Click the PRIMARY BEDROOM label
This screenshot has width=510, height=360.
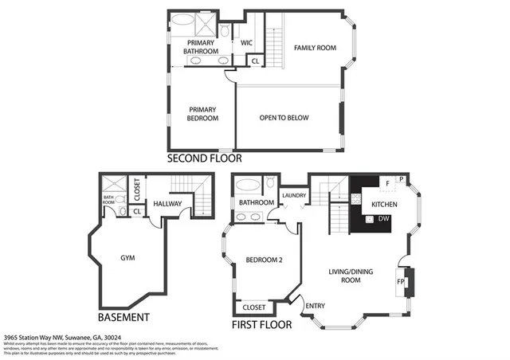coord(202,114)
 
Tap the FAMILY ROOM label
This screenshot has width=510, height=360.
coord(315,48)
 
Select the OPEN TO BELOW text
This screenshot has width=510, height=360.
coord(284,118)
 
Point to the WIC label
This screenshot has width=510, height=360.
coord(246,42)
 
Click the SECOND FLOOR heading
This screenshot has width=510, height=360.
coord(203,159)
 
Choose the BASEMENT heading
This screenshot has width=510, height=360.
coord(124,317)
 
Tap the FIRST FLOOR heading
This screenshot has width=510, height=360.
coord(261,325)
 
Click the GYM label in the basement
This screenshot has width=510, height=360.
coord(127,258)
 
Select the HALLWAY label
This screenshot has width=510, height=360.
coord(167,205)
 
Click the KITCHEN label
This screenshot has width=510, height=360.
coord(382,205)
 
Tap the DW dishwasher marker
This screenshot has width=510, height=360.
coord(383,219)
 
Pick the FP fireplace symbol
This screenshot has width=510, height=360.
coord(400,282)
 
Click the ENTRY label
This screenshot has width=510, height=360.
coord(315,305)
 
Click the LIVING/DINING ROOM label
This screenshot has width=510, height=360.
coord(351,276)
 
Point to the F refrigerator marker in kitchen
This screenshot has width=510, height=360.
coord(387,183)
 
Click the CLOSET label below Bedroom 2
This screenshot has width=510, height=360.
coord(253,306)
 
